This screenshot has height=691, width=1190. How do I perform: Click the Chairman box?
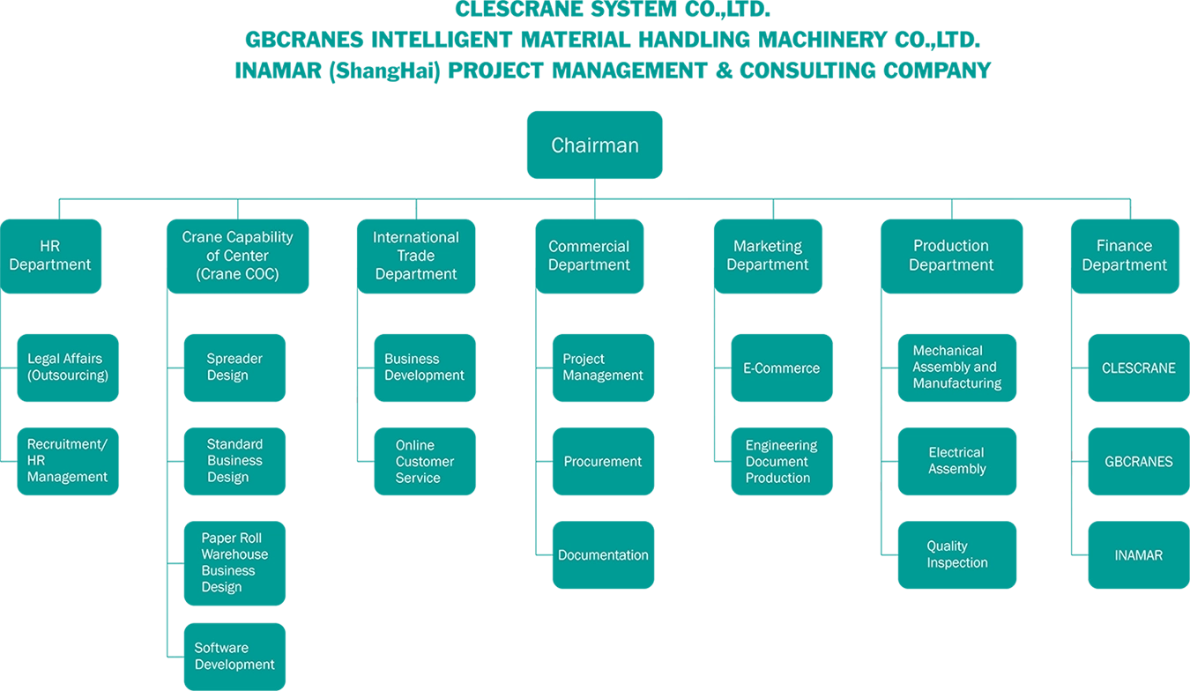tap(595, 145)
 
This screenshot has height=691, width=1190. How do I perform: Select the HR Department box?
tap(50, 256)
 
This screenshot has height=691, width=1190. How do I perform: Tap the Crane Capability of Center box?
tap(237, 256)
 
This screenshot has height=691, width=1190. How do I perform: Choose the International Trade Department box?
tap(416, 256)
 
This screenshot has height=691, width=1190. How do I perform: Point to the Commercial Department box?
tap(589, 256)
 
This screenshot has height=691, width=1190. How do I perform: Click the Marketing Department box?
tap(768, 256)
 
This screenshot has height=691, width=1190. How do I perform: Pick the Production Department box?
tap(951, 256)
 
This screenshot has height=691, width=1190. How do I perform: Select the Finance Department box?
tap(1125, 256)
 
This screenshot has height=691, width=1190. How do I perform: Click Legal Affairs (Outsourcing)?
tap(68, 367)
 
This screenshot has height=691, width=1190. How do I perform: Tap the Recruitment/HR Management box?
tap(68, 461)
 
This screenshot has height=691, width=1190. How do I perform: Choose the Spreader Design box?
tap(234, 367)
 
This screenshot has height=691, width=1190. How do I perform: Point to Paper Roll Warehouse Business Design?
tap(234, 562)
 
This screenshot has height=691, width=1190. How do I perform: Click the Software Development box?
tap(234, 657)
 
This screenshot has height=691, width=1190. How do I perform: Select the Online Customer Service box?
tap(424, 462)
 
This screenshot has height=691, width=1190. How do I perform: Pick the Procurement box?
tap(603, 462)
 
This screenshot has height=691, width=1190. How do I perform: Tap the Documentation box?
tap(603, 555)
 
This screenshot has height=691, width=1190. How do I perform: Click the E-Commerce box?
tap(781, 368)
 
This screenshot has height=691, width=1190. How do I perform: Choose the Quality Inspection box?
tap(956, 554)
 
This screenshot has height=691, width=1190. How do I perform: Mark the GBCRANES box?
tap(1138, 462)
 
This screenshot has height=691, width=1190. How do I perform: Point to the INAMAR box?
tap(1138, 555)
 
